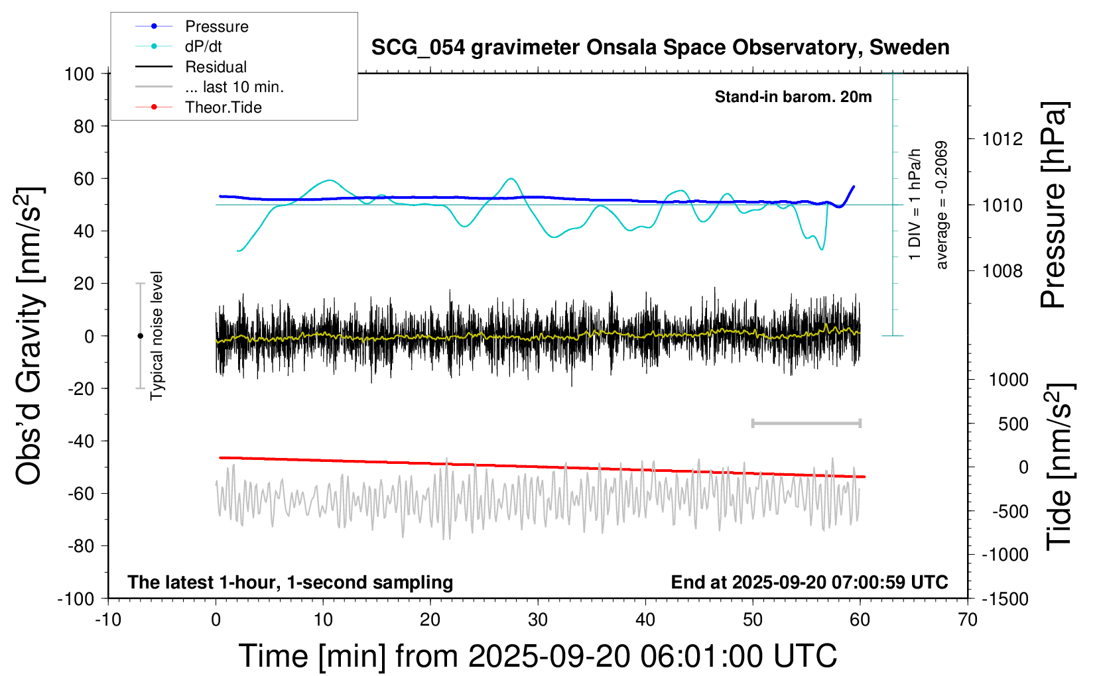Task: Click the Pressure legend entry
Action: [x=216, y=27]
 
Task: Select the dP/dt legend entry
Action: [x=203, y=46]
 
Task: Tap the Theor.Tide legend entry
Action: [x=223, y=107]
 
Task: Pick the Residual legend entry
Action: [x=216, y=67]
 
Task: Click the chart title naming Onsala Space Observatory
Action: [x=660, y=48]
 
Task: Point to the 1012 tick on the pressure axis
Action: [x=1002, y=139]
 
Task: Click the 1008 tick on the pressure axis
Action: [x=1002, y=270]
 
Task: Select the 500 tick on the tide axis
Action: [x=1013, y=424]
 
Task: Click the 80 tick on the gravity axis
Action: [x=84, y=126]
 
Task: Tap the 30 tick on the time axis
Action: [x=538, y=620]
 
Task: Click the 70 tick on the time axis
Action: [x=968, y=620]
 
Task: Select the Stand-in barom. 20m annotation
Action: [x=793, y=97]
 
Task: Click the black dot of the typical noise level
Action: [x=140, y=336]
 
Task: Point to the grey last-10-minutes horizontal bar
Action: [x=806, y=423]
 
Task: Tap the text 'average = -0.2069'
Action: [x=941, y=205]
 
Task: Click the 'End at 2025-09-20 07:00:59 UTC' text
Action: [x=809, y=583]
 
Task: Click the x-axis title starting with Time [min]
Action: [x=538, y=656]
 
